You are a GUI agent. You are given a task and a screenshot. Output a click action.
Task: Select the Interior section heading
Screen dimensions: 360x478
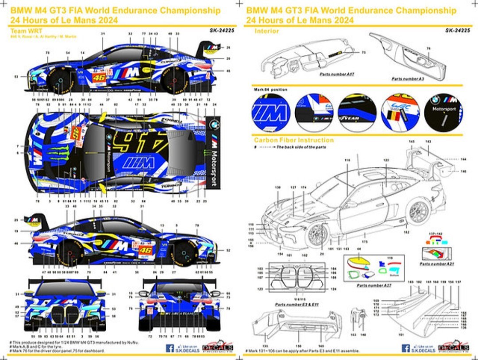coord(266,31)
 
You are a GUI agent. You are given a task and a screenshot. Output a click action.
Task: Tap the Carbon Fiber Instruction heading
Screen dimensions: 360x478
coord(293,140)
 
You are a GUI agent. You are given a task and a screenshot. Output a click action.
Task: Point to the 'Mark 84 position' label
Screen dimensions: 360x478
coord(270,89)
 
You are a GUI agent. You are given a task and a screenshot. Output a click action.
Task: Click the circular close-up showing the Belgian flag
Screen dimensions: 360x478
coord(400,112)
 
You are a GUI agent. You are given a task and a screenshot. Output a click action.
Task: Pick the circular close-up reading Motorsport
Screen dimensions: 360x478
coord(443,112)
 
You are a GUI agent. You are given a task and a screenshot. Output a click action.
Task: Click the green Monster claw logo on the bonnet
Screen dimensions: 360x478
coord(58,151)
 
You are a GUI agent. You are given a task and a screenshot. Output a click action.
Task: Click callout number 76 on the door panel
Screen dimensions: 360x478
coord(428,48)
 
